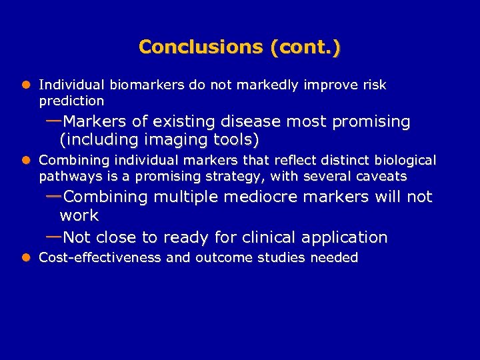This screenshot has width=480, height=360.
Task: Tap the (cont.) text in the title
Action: [305, 47]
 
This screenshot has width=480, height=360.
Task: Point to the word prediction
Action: [71, 101]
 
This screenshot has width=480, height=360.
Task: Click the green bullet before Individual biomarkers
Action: [27, 85]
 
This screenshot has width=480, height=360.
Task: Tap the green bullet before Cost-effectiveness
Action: [27, 258]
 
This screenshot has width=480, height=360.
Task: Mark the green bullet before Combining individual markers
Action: [27, 161]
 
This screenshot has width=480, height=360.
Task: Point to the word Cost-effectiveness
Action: [100, 258]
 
